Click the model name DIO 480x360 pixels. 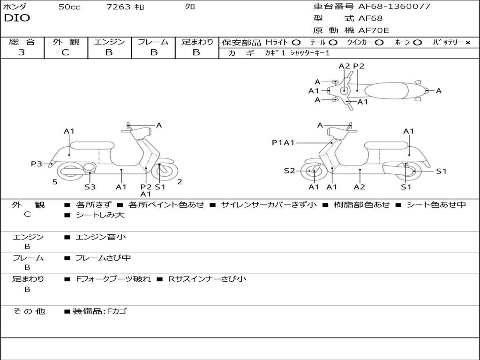point(17,18)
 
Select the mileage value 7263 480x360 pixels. point(118,7)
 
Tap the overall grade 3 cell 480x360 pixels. point(22,52)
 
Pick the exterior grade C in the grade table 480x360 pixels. point(65,52)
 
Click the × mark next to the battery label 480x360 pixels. point(467,42)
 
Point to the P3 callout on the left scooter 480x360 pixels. point(37,164)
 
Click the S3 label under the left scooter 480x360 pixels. point(90,187)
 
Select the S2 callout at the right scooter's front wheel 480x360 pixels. point(290,171)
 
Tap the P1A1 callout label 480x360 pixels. point(283,142)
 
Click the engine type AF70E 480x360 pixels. point(374,31)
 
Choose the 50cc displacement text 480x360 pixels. point(69,7)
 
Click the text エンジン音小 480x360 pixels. point(101,237)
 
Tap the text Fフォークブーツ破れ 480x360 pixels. point(113,279)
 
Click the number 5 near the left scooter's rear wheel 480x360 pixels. point(55,182)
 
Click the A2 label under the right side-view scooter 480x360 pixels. point(360,187)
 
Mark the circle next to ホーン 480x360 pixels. point(417,42)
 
